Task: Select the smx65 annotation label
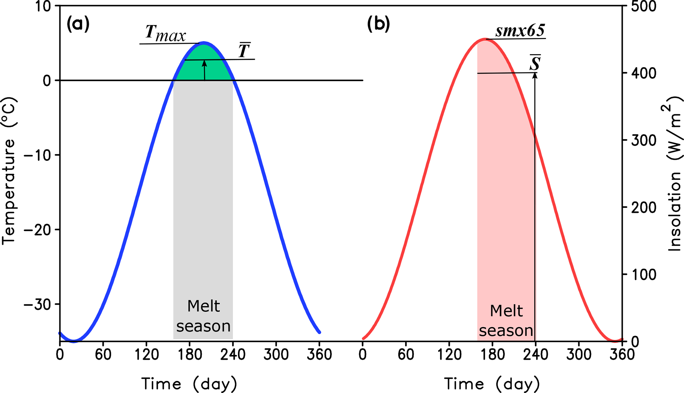coord(520,31)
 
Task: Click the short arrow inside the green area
coord(205,70)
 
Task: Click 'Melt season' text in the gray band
coord(203,316)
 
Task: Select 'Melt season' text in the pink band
coord(506,321)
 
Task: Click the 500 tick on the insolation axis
coord(644,7)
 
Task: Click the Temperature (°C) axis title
coord(9,171)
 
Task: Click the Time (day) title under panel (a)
coord(189,384)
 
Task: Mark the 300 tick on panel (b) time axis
coord(579,355)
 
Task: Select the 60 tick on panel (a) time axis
coord(103,355)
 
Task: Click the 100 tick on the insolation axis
coord(644,275)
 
